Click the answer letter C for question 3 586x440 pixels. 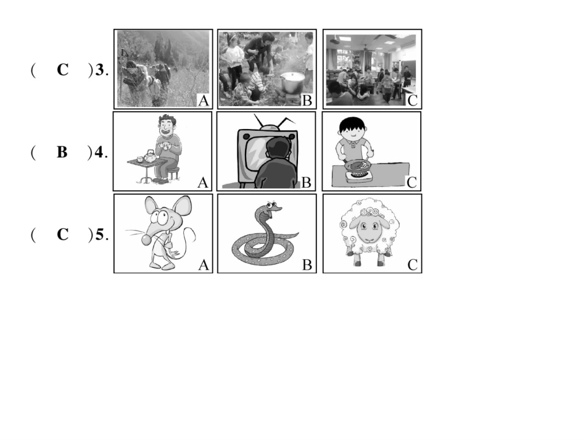(x=63, y=70)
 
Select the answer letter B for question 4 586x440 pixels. (x=62, y=152)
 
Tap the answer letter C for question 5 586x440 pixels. (x=63, y=235)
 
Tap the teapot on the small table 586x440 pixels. (x=151, y=156)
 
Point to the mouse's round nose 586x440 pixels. (x=146, y=240)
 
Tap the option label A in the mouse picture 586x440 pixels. (x=204, y=265)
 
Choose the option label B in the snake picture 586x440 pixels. (x=307, y=265)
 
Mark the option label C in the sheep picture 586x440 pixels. (x=412, y=265)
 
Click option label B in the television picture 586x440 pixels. (x=306, y=183)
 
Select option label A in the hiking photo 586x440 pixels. (x=204, y=101)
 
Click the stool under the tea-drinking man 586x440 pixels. (x=174, y=173)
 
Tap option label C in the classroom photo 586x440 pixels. (x=412, y=101)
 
